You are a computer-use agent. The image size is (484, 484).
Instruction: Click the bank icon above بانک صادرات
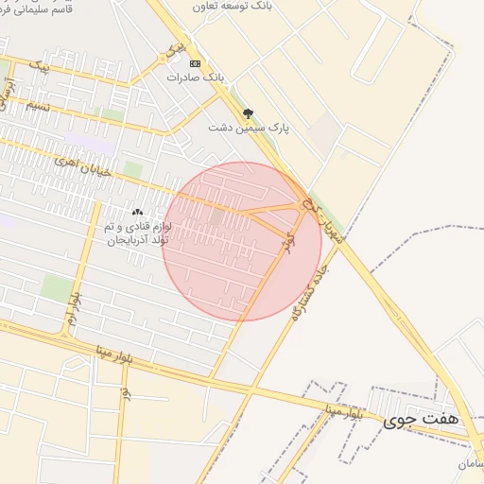tap(195, 63)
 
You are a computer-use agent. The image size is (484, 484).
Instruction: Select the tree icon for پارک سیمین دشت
tap(249, 113)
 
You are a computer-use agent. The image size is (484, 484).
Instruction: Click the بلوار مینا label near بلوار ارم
tap(113, 354)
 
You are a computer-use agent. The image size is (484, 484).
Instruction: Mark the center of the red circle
tap(242, 242)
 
